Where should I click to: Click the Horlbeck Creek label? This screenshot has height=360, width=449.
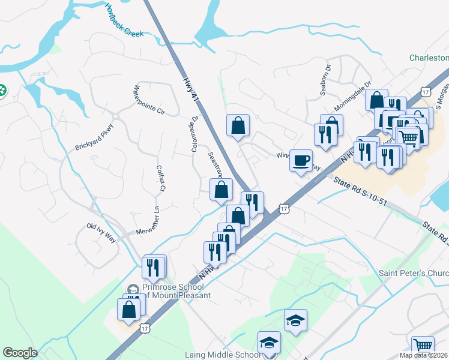pos(124,21)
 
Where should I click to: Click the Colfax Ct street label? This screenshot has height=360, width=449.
pos(160,179)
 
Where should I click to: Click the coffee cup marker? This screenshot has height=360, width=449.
pos(301,160)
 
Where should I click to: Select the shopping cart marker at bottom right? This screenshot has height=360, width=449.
pos(423,346)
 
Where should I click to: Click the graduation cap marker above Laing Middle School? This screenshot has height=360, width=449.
pos(295,320)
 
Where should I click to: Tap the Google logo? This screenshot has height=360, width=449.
pos(20,353)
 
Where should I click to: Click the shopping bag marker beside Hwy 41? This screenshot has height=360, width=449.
pos(238,125)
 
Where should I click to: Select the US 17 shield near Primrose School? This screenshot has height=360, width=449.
pos(145,328)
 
